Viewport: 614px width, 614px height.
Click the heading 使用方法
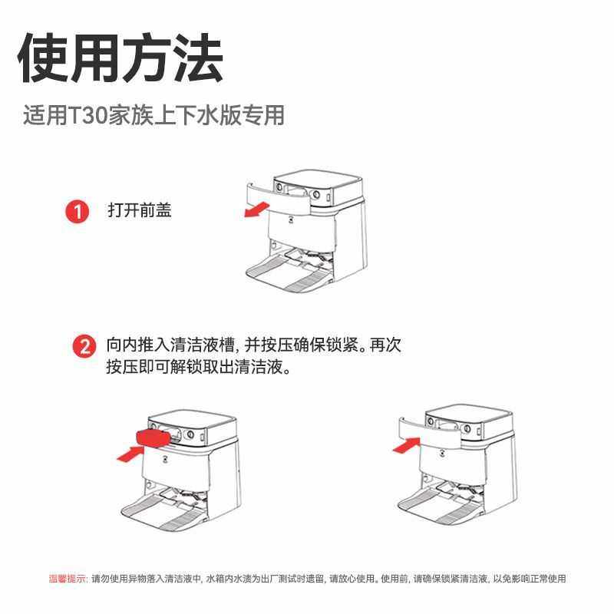click(120, 58)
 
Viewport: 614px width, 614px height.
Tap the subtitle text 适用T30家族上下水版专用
click(153, 115)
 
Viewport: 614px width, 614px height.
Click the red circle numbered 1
click(77, 211)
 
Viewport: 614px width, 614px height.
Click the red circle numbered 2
click(84, 346)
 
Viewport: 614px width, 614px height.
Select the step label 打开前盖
click(139, 210)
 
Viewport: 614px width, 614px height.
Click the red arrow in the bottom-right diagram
click(407, 445)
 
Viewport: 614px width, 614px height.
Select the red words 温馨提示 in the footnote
click(68, 579)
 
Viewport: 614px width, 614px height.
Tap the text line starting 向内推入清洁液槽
click(253, 345)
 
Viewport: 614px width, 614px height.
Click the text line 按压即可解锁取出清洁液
click(200, 368)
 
